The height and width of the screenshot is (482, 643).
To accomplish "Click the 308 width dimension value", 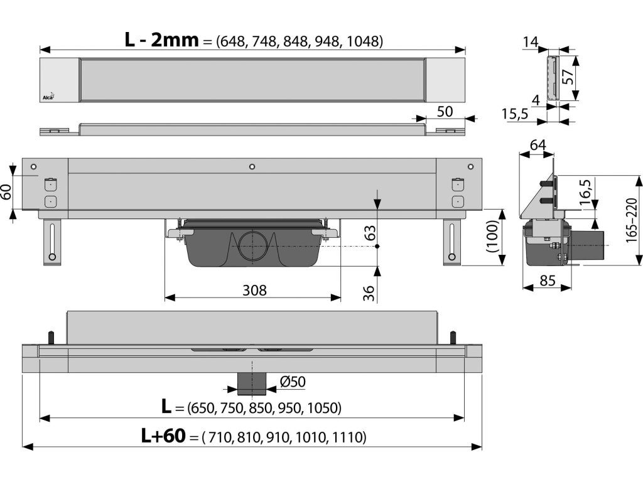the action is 254,290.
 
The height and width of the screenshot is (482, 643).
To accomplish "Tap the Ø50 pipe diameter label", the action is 293,382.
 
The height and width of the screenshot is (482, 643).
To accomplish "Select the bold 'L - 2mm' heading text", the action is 161,40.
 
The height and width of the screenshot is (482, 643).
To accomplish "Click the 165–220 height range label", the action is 632,221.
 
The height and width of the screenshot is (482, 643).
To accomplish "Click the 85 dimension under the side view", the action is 547,281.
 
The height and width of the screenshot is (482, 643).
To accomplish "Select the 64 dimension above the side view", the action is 538,145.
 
